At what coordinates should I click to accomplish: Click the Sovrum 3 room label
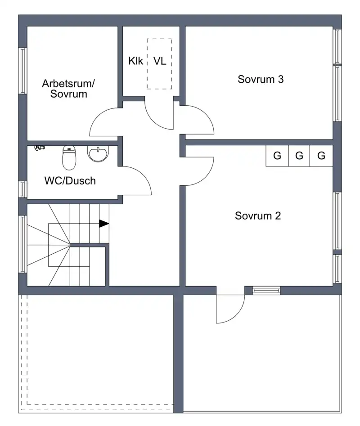tap(260, 79)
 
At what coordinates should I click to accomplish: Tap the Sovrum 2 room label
tap(257, 216)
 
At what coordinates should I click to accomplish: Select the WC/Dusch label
tap(70, 181)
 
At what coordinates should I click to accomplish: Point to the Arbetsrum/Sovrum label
tap(68, 89)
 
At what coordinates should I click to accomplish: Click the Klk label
tap(135, 61)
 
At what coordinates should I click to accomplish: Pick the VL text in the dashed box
tap(160, 61)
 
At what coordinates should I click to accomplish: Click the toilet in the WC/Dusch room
tap(69, 158)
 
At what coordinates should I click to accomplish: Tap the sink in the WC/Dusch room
tap(98, 153)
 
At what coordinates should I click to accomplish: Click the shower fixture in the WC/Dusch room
tap(40, 148)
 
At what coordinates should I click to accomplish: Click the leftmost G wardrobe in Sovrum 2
tap(277, 156)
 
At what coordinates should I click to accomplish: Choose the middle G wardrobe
tap(299, 156)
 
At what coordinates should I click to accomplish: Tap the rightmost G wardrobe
tap(321, 156)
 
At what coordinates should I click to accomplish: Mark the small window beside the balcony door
tap(266, 291)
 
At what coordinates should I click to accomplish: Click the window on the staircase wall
tap(23, 244)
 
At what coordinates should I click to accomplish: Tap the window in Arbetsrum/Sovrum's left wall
tap(23, 71)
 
